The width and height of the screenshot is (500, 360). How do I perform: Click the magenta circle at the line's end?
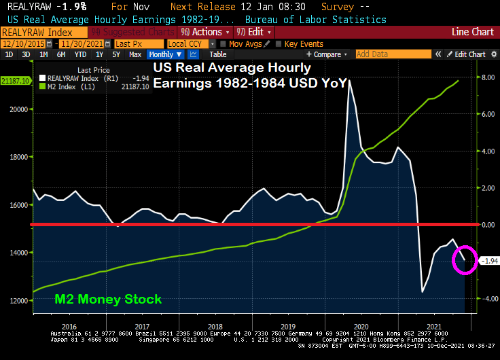click(x=465, y=259)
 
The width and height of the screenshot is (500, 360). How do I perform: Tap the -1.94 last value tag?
click(x=489, y=261)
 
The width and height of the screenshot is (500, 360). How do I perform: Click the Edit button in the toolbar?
click(x=253, y=32)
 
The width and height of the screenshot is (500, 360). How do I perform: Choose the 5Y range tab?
click(x=116, y=54)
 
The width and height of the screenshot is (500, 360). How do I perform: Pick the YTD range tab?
click(x=80, y=54)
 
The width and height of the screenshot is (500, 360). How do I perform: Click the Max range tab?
click(x=135, y=54)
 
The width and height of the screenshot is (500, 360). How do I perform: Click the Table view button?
click(x=217, y=54)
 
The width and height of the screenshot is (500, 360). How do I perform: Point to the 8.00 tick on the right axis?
click(x=488, y=77)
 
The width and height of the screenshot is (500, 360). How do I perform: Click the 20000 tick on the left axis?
click(x=17, y=109)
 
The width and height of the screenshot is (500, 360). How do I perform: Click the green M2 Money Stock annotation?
click(x=108, y=299)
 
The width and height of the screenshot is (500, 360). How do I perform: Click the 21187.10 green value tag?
click(x=15, y=81)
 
